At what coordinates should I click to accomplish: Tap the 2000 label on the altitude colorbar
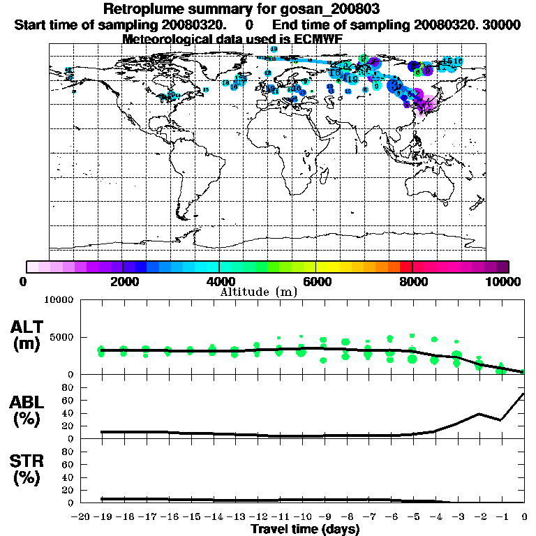(122, 282)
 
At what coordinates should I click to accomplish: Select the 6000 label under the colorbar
(315, 282)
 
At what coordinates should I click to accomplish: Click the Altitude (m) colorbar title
(258, 292)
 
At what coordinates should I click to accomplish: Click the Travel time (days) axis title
(305, 530)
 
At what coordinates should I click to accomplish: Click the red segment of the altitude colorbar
(406, 267)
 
